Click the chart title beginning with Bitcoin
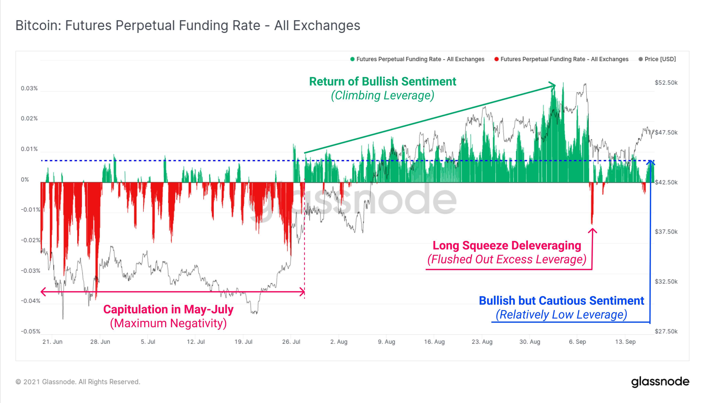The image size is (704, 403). tap(188, 25)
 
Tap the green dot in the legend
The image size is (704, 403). tap(352, 59)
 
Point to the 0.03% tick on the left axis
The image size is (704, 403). tap(29, 88)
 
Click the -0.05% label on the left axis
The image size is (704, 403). tap(30, 331)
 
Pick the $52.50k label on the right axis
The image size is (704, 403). tap(666, 83)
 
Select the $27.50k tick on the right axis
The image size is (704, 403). tap(666, 331)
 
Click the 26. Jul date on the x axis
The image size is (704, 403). tap(291, 342)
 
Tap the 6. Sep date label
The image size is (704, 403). tap(577, 342)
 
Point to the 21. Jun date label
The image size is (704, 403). tap(52, 342)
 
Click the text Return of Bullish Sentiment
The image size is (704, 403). tap(382, 81)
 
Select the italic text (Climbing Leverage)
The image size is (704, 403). tap(382, 95)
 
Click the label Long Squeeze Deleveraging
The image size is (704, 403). tap(507, 245)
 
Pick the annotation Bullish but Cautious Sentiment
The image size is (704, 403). tap(561, 301)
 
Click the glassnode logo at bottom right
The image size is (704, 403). tap(660, 382)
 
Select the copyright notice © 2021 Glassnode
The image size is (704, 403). tap(78, 382)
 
